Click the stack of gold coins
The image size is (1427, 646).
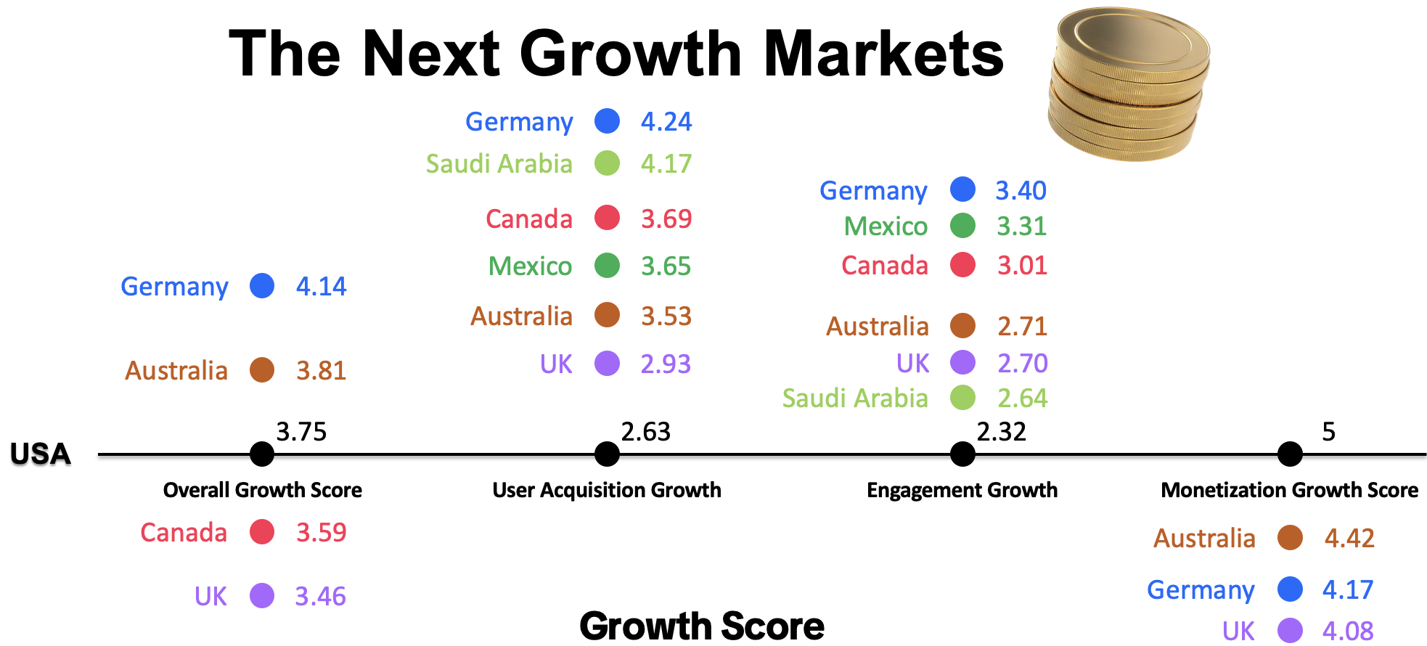point(1128,84)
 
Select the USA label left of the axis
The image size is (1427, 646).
point(41,454)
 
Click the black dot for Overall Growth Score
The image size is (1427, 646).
point(262,454)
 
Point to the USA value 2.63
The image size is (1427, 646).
point(646,432)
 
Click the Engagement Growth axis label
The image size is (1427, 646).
point(962,490)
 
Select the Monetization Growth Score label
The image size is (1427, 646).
point(1290,490)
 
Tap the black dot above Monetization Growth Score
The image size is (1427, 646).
point(1290,454)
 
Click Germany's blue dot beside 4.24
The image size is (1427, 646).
point(607,121)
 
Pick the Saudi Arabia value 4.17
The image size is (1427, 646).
point(666,163)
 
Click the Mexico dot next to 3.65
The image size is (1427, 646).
point(607,266)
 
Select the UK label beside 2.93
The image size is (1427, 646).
point(556,364)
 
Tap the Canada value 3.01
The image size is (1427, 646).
point(1022,265)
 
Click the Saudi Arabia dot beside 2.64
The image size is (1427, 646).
point(962,398)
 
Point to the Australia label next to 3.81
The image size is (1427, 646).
point(176,370)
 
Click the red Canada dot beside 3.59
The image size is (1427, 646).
point(262,532)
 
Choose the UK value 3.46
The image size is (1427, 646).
point(321,596)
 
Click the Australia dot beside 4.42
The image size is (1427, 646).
point(1290,538)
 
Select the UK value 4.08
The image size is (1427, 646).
point(1348,631)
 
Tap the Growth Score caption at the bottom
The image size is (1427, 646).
point(702,626)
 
